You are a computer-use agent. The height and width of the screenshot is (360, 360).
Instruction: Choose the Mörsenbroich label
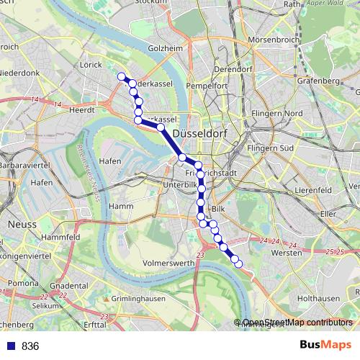point(269,39)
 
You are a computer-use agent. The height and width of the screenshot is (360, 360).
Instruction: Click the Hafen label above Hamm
point(111,161)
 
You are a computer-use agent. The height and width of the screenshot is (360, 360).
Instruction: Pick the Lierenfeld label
point(317,190)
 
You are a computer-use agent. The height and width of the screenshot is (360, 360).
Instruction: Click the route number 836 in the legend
point(30,346)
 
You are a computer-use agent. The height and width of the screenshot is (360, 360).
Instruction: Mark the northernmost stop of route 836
point(122,77)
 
